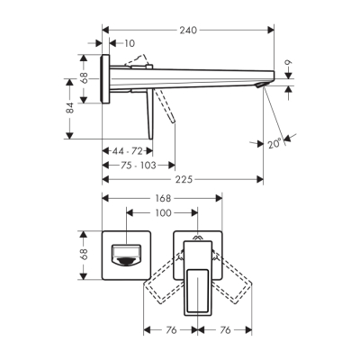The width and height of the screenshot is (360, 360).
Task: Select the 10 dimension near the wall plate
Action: [x=130, y=43]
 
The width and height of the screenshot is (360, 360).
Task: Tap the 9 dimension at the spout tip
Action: [x=289, y=64]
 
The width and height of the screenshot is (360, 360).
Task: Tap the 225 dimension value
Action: [x=184, y=179]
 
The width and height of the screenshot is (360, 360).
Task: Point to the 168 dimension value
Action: [x=163, y=200]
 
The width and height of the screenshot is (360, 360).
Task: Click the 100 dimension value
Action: [x=162, y=214]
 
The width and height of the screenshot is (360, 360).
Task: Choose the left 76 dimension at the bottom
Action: [x=170, y=330]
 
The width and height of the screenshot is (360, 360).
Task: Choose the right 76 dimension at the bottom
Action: [x=228, y=330]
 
